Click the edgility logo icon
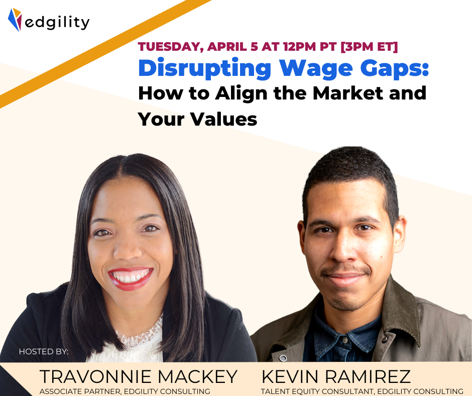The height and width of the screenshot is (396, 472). pos(15,20)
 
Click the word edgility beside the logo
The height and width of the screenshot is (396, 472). pos(57,22)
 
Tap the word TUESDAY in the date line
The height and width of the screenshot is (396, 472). pos(170,47)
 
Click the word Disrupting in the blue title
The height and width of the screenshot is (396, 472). pos(205,69)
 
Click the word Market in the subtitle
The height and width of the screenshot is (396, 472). pos(348,93)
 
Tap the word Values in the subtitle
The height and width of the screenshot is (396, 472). pos(224,119)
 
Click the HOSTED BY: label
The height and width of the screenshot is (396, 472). pos(44,351)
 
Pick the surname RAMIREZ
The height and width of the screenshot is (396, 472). pos(368,376)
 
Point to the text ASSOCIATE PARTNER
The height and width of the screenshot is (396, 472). pos(80,391)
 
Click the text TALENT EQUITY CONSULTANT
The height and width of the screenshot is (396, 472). pos(317,391)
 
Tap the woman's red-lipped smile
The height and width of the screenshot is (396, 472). pos(131,278)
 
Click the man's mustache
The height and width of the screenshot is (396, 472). pos(345,270)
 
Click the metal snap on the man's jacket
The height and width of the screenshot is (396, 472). pos(283,358)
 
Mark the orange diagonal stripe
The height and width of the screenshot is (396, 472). pos(105,54)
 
